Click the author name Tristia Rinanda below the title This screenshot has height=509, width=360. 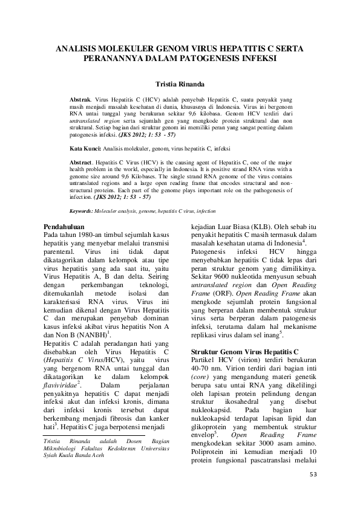(x=180, y=85)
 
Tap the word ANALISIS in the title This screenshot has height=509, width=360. (x=78, y=47)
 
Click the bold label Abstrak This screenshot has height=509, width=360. (x=79, y=98)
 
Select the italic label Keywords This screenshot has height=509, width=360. (x=81, y=211)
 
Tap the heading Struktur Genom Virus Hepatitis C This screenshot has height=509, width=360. (x=244, y=351)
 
